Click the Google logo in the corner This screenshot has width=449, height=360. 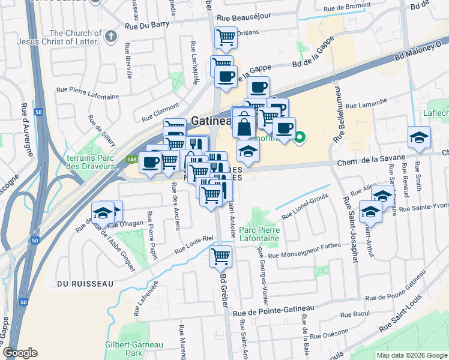pos(20,353)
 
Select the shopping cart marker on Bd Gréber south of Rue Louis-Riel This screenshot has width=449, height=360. pos(220,256)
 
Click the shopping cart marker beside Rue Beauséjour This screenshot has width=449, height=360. pos(226,38)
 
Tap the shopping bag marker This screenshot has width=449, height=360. pos(244,126)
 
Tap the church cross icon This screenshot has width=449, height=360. pos(110,37)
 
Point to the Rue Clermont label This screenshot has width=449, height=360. pos(161,112)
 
